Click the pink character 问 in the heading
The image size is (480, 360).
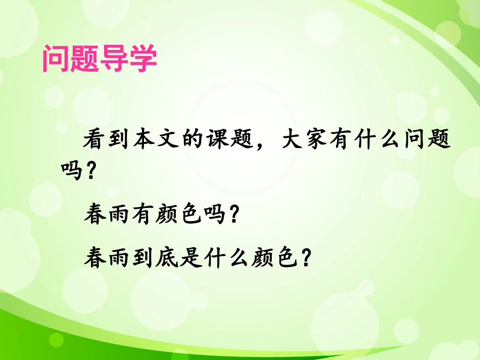pyautogui.click(x=56, y=60)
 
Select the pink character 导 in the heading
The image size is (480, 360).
pyautogui.click(x=114, y=60)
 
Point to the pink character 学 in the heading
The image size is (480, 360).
pyautogui.click(x=142, y=60)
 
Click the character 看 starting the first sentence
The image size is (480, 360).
pyautogui.click(x=95, y=138)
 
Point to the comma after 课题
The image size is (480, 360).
pyautogui.click(x=277, y=143)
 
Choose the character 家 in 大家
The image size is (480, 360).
pyautogui.click(x=332, y=138)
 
